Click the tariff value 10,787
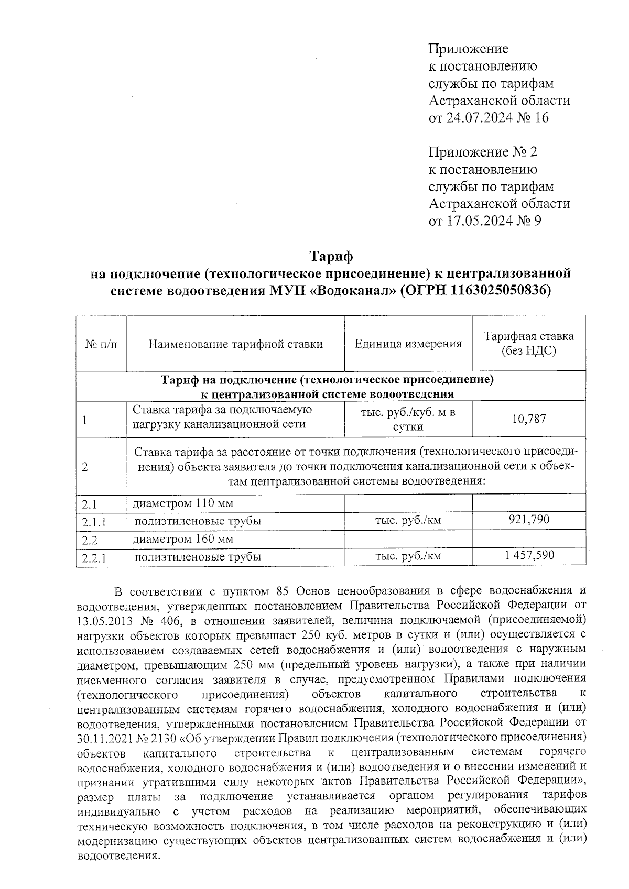tap(529, 419)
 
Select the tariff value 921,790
tap(529, 520)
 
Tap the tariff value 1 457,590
tap(529, 555)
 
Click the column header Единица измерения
tap(408, 344)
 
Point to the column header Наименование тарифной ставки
tap(235, 344)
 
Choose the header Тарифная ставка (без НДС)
tap(529, 344)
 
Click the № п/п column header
tap(101, 344)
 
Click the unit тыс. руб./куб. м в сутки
tap(408, 419)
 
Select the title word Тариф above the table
tap(331, 257)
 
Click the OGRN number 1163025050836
tap(491, 291)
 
